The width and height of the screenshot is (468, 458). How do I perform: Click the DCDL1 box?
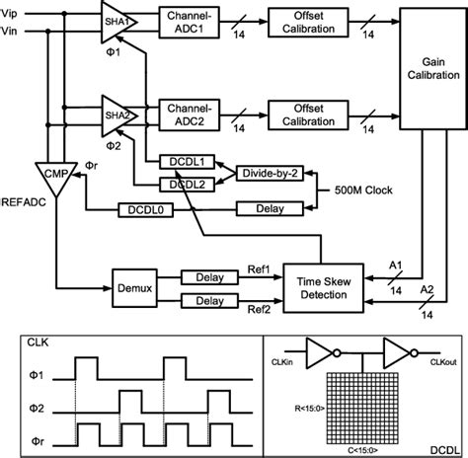tap(181, 160)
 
